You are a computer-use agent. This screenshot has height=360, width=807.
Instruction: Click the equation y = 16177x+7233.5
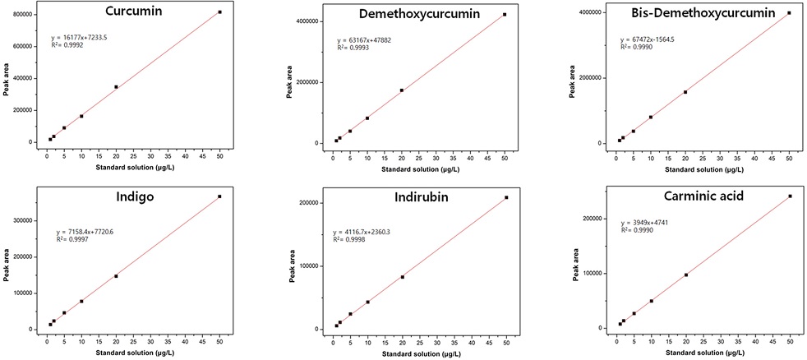(x=90, y=38)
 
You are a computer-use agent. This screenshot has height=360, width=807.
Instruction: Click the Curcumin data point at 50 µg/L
(x=220, y=12)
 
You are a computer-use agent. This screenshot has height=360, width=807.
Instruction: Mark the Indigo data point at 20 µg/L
(x=116, y=276)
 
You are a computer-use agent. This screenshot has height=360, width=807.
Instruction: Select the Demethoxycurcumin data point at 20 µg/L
(x=401, y=90)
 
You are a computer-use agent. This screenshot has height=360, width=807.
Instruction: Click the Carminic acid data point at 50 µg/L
(x=790, y=196)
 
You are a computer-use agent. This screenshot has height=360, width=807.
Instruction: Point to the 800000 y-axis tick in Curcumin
(x=20, y=14)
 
